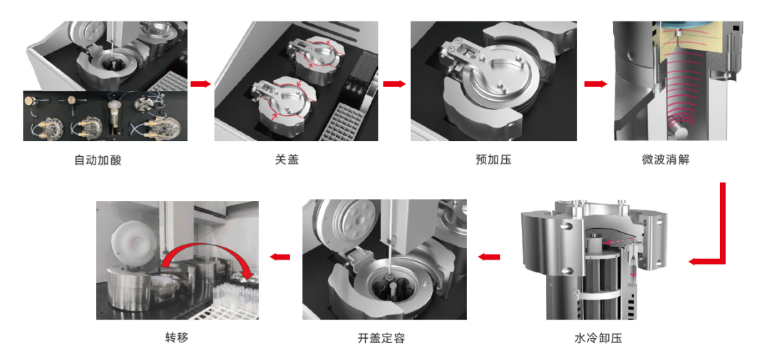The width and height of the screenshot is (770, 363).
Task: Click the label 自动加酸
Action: [97, 160]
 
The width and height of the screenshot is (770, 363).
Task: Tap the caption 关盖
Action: [287, 160]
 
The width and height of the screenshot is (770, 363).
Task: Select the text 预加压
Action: [493, 160]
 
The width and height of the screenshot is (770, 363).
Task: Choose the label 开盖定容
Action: [381, 339]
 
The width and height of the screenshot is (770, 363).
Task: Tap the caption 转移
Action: [177, 338]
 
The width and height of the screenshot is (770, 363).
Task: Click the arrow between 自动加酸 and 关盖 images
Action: [200, 84]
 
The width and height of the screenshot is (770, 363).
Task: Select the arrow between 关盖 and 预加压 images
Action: [394, 84]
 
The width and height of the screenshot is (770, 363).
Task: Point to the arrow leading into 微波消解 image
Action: [595, 84]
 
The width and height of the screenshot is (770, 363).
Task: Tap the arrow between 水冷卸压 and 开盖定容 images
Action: [489, 257]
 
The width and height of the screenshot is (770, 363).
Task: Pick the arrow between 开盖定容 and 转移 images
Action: [280, 257]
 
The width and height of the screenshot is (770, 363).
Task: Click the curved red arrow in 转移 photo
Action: [206, 253]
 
